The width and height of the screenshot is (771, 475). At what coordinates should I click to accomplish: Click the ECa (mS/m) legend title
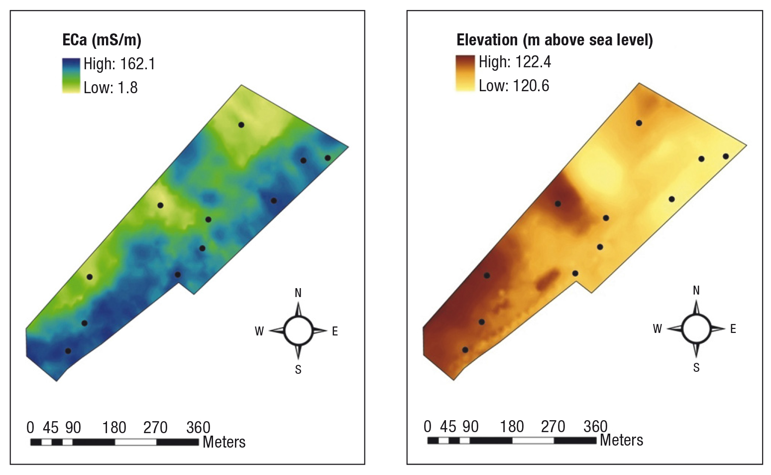[x=102, y=40]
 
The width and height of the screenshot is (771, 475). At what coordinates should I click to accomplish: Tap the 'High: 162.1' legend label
[x=119, y=64]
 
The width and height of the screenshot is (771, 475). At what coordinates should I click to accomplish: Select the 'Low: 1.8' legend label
[x=110, y=88]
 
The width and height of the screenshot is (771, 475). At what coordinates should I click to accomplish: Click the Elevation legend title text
[x=554, y=40]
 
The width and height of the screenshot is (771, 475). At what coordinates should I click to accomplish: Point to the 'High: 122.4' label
[x=515, y=62]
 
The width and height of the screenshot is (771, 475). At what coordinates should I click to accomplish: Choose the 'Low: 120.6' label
[x=514, y=86]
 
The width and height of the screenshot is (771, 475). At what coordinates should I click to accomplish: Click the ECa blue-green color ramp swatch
[x=71, y=75]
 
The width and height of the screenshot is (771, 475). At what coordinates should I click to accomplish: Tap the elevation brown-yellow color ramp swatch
[x=465, y=73]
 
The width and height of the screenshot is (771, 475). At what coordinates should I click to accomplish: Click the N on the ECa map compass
[x=298, y=293]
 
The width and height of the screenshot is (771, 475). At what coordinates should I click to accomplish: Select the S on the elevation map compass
[x=696, y=367]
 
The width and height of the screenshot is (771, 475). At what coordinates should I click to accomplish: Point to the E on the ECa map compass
[x=335, y=331]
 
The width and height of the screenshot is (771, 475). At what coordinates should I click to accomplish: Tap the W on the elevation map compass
[x=658, y=329]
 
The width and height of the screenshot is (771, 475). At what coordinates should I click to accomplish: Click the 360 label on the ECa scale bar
[x=198, y=428]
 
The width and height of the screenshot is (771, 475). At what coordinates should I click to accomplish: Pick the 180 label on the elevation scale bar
[x=512, y=426]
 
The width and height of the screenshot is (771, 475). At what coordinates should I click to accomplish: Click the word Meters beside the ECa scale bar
[x=224, y=442]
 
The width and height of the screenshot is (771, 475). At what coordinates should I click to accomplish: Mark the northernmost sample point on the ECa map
[x=241, y=125]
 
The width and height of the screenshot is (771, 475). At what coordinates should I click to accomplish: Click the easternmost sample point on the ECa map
[x=328, y=158]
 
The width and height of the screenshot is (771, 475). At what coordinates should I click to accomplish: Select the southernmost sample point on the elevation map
[x=465, y=350]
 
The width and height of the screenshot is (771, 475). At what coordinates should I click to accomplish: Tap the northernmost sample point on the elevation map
[x=639, y=123]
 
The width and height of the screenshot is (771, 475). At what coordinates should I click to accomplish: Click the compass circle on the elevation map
[x=696, y=315]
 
